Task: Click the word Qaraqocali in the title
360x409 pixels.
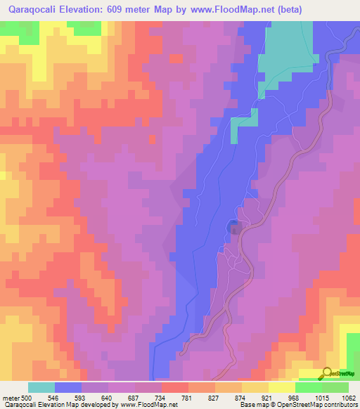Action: click(x=32, y=9)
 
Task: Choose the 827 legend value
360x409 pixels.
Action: click(x=214, y=398)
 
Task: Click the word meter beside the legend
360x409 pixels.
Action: click(x=10, y=398)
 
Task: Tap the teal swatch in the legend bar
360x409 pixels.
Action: click(x=41, y=387)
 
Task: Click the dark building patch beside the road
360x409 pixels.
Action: click(x=234, y=226)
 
